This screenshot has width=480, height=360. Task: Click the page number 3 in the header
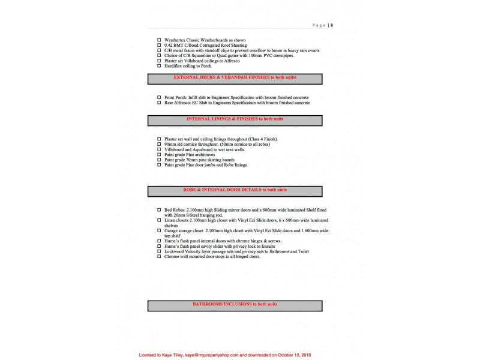[x=332, y=25]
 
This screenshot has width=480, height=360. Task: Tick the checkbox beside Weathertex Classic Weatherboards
[x=159, y=40]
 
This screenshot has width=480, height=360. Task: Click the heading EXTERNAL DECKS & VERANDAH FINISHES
[x=235, y=78]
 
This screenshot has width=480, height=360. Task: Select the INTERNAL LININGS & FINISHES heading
[x=235, y=119]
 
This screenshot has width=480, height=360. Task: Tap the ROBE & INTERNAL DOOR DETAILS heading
[x=235, y=190]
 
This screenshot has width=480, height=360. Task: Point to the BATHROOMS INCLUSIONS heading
[x=235, y=305]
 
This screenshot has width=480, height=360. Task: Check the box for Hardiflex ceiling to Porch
[x=159, y=66]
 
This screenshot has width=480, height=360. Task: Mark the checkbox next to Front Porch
[x=159, y=97]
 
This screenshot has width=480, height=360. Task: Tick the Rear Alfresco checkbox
[x=159, y=103]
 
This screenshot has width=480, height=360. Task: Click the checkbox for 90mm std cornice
[x=159, y=144]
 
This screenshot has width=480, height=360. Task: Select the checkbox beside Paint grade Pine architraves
[x=159, y=155]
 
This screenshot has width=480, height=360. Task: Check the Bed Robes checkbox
[x=159, y=210]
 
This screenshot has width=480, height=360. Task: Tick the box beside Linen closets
[x=159, y=220]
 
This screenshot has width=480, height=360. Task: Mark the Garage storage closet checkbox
[x=159, y=230]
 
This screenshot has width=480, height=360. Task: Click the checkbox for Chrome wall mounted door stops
[x=159, y=256]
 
